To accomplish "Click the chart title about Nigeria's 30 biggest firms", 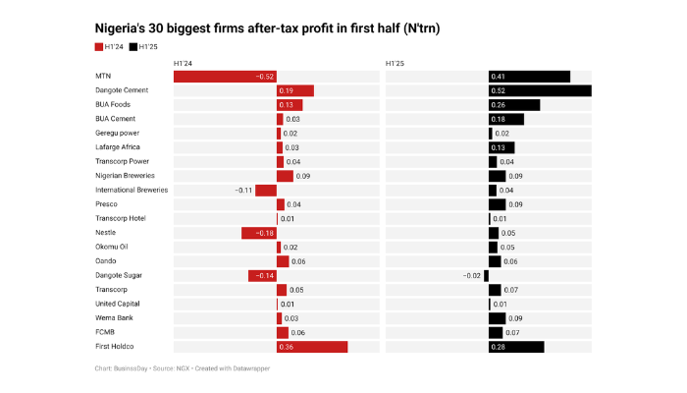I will click(266, 28).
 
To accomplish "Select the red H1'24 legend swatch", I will click(99, 46).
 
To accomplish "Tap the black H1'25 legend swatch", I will click(133, 46).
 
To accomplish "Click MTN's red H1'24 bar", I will click(229, 77).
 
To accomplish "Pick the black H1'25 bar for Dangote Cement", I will click(539, 90).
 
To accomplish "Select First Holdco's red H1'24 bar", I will click(312, 347).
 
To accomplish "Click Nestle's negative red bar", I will click(259, 233).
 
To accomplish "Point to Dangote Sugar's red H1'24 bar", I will click(263, 276).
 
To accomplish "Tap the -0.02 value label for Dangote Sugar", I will click(472, 276).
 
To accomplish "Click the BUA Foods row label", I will click(115, 105).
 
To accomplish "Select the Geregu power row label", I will click(117, 133).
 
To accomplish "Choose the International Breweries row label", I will click(132, 190).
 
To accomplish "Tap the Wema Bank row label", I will click(115, 318).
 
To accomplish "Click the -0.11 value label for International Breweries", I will click(243, 190).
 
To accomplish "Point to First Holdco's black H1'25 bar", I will click(515, 347).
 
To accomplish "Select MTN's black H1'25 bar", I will click(529, 77).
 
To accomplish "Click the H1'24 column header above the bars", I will click(183, 64).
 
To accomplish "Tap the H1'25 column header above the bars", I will click(396, 64).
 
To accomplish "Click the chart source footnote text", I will click(183, 367).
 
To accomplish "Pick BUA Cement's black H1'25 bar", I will click(505, 119).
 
